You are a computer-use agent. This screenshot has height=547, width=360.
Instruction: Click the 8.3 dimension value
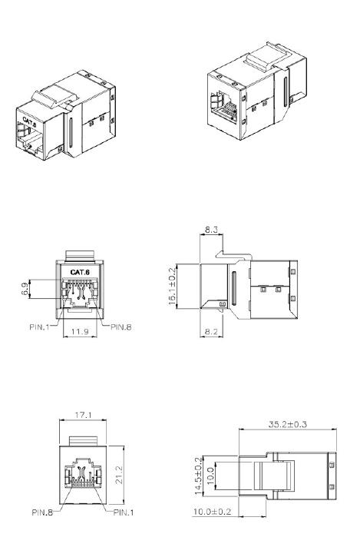[x=211, y=230]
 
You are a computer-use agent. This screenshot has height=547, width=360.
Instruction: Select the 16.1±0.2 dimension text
[x=172, y=287]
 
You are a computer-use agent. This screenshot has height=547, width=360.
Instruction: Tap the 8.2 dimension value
[x=211, y=332]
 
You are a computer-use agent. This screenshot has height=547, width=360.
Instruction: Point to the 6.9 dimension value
[x=25, y=289]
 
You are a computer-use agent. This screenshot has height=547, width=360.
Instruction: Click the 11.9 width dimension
[x=80, y=331]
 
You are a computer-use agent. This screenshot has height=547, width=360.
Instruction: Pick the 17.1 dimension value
[x=84, y=415]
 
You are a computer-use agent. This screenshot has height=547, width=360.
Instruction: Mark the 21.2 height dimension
[x=119, y=475]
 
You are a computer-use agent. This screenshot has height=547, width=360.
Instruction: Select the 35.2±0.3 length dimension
[x=288, y=424]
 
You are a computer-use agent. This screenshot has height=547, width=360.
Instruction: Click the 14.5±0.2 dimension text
[x=199, y=476]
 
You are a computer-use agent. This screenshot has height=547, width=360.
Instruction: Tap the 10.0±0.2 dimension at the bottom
[x=212, y=512]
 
